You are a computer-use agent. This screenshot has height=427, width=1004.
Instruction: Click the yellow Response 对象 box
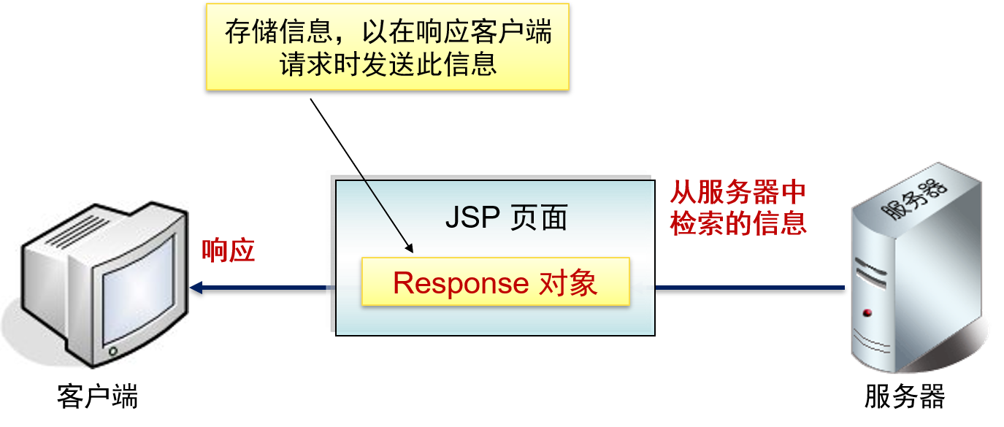[x=495, y=282]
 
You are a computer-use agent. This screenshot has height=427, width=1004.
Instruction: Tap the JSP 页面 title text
[x=506, y=218]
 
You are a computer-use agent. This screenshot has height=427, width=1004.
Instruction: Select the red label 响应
[x=228, y=250]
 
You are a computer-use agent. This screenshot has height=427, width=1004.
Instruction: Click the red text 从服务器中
[x=737, y=193]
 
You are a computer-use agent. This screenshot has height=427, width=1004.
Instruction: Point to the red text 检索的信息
[x=737, y=223]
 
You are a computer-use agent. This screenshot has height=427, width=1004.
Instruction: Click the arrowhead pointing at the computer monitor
[x=196, y=288]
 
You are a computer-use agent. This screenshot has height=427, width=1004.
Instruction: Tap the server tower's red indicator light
[x=867, y=313]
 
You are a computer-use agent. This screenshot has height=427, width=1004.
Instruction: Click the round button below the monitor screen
[x=112, y=352]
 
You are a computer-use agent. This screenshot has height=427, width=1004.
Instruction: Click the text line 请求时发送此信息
[x=388, y=64]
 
